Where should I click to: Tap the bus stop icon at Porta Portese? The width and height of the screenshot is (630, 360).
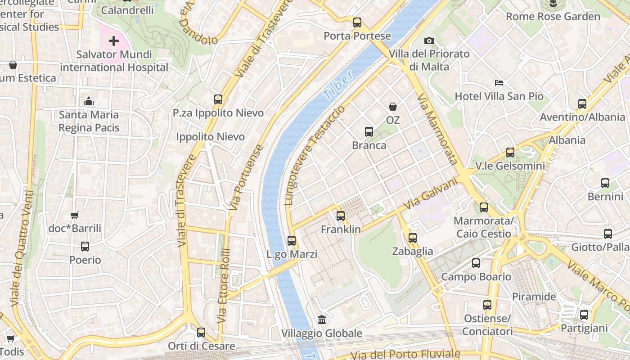click(x=357, y=22)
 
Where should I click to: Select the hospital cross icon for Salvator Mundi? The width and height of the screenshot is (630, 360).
click(x=114, y=41)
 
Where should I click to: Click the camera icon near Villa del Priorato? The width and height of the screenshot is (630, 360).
click(x=429, y=41)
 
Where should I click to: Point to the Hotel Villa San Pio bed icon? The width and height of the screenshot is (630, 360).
click(x=499, y=83)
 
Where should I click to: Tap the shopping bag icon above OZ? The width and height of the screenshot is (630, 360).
click(x=393, y=107)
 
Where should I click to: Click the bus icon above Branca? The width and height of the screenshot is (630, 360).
click(x=369, y=132)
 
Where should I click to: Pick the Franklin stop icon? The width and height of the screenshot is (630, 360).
click(x=341, y=216)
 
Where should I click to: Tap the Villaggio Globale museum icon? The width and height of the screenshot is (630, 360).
click(x=322, y=320)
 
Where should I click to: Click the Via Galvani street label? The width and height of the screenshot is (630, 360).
click(x=430, y=194)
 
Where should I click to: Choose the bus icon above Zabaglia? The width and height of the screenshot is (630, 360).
click(x=413, y=238)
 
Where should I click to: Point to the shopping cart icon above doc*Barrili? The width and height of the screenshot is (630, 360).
click(x=75, y=216)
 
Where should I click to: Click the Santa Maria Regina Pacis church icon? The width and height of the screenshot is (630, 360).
click(x=89, y=102)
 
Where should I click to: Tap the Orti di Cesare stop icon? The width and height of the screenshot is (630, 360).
click(x=201, y=333)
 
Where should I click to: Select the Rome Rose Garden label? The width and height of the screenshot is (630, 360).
click(x=553, y=17)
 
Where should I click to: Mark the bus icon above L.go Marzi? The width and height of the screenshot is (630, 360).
click(x=292, y=241)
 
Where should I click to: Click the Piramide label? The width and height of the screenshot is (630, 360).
click(x=534, y=297)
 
